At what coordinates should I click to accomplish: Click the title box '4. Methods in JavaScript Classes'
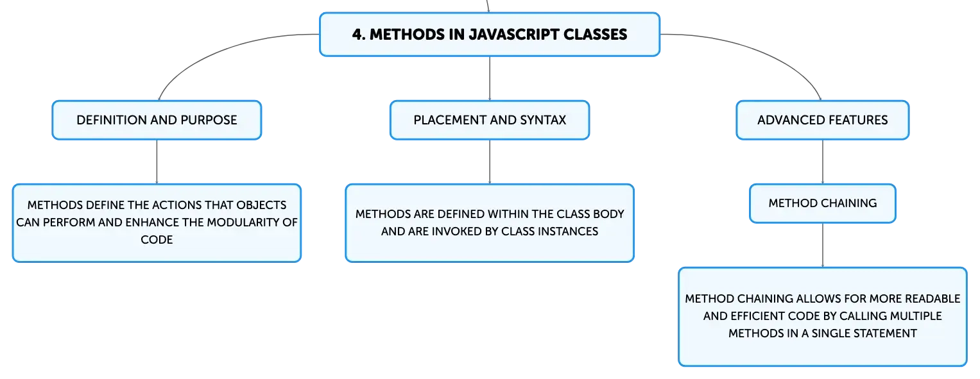490,34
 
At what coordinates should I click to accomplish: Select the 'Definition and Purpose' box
157,120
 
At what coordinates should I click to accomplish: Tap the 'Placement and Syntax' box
490,120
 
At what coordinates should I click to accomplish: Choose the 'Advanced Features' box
823,120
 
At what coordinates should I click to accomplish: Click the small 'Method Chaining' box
823,203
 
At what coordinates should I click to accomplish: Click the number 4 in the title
357,35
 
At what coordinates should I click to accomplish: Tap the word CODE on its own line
157,240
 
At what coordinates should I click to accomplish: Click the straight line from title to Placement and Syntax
490,79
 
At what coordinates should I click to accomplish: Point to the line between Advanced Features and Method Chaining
823,162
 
